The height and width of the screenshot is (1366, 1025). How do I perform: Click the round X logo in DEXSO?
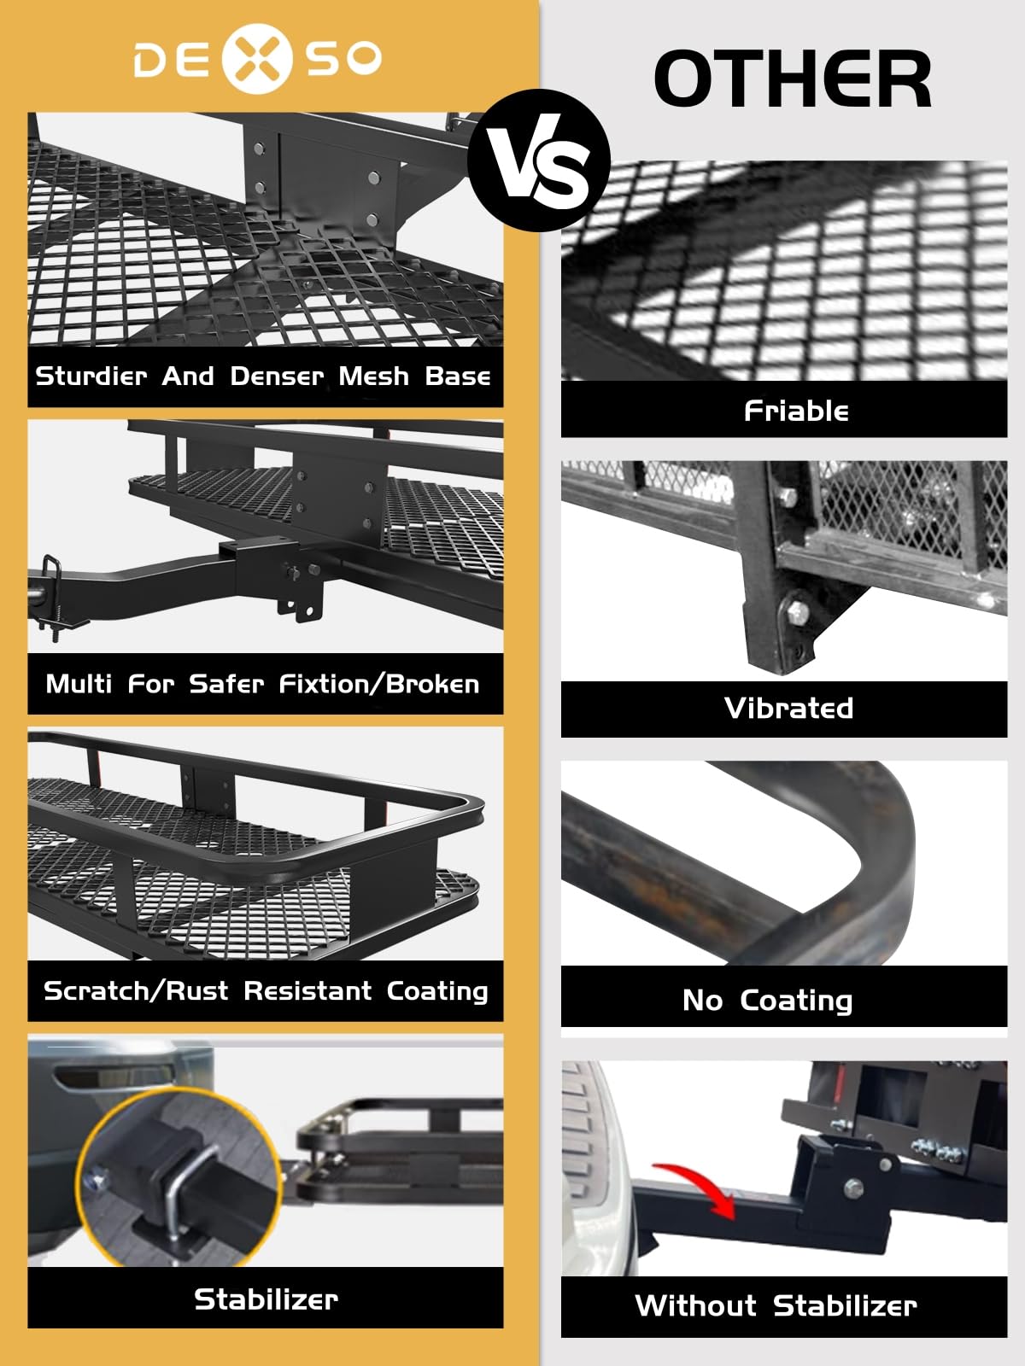(x=258, y=58)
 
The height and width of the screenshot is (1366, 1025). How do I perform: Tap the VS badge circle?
(x=540, y=161)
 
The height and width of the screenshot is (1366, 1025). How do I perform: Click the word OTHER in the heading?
(x=792, y=79)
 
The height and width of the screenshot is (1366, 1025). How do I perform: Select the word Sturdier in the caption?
(x=91, y=376)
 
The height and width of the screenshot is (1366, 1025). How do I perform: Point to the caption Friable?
(x=796, y=411)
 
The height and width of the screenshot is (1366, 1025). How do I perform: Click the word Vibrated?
(x=788, y=708)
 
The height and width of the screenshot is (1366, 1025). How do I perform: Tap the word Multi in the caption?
(x=79, y=684)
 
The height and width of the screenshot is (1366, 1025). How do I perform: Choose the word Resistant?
(x=307, y=990)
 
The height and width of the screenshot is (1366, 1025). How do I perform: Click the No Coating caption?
(x=767, y=1000)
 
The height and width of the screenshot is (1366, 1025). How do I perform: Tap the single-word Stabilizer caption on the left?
(x=266, y=1299)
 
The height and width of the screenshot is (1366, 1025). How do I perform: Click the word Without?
(x=695, y=1305)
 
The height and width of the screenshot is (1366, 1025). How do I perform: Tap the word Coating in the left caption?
(x=437, y=990)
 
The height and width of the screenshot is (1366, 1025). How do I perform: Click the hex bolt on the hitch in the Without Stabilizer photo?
(x=853, y=1188)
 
